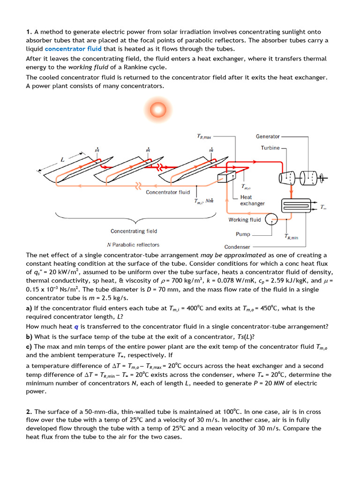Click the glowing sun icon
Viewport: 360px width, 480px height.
pyautogui.click(x=155, y=111)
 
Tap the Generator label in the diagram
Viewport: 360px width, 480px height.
pyautogui.click(x=268, y=136)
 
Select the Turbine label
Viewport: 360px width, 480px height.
pyautogui.click(x=270, y=148)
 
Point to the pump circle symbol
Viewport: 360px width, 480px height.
pyautogui.click(x=271, y=219)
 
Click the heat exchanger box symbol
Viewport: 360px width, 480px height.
pyautogui.click(x=226, y=176)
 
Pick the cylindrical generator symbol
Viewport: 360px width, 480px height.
pyautogui.click(x=307, y=178)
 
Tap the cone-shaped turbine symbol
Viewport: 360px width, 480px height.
pyautogui.click(x=287, y=178)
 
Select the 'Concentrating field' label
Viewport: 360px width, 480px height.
pyautogui.click(x=134, y=231)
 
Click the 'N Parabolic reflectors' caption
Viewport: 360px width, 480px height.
pyautogui.click(x=133, y=245)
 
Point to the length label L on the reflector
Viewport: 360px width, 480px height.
pyautogui.click(x=62, y=160)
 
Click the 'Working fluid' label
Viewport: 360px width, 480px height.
pyautogui.click(x=245, y=220)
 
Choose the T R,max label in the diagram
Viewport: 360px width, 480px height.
pyautogui.click(x=204, y=137)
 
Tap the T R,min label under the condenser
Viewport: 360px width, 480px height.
pyautogui.click(x=291, y=237)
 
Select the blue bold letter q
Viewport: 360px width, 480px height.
pyautogui.click(x=77, y=327)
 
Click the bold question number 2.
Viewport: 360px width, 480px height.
pyautogui.click(x=29, y=412)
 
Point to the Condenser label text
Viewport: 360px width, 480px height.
pyautogui.click(x=237, y=247)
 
